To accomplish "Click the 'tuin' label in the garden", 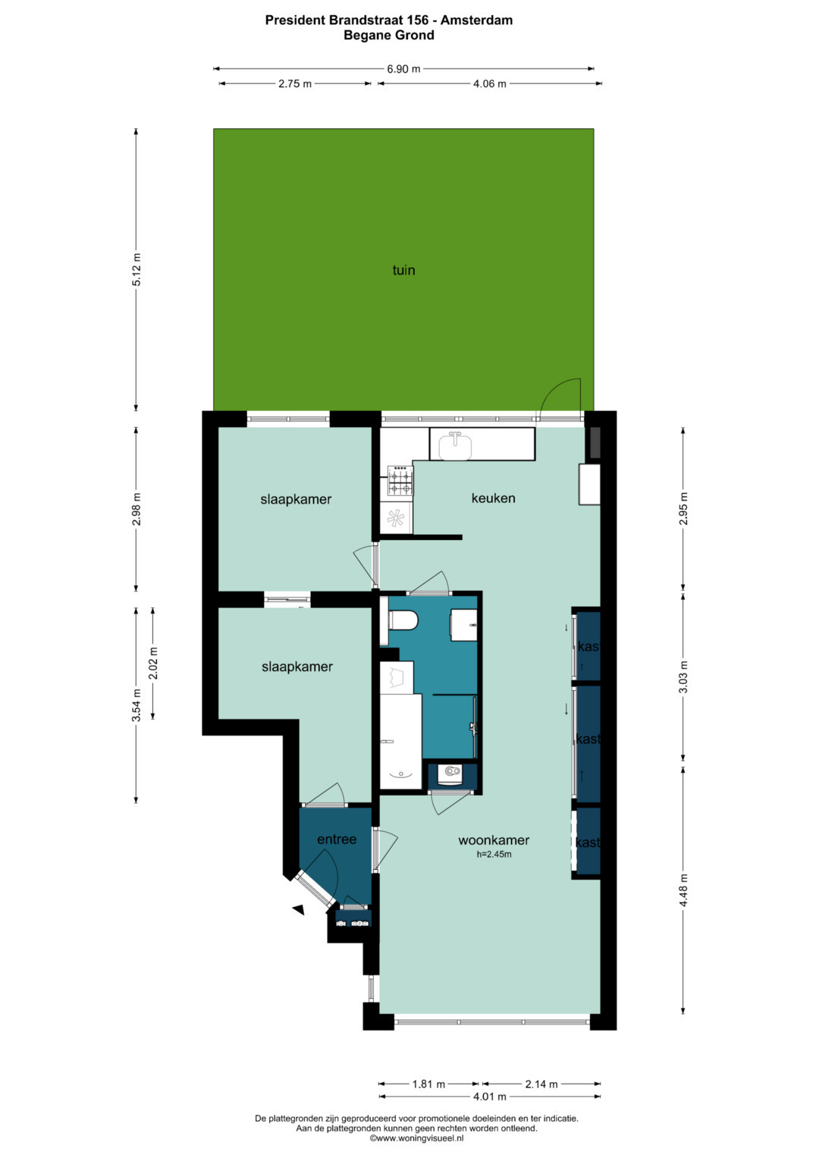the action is (403, 270).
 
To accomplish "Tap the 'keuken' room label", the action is (493, 497).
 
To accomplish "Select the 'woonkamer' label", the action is (494, 840).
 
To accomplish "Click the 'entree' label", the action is (337, 839).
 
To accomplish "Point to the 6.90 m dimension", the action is (403, 69).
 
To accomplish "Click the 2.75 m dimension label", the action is (295, 83).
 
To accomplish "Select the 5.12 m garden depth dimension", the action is (136, 269).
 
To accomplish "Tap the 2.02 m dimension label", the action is (153, 664).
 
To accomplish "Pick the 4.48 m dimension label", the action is (683, 890).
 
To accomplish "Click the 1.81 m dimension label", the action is (428, 1084).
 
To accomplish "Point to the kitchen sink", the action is (456, 446).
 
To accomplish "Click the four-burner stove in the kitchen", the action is (400, 481).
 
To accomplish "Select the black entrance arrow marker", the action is (299, 909).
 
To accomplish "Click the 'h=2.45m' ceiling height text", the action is (494, 855).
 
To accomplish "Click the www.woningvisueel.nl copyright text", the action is (417, 1138).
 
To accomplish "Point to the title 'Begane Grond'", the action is (389, 35).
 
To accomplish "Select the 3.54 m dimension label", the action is (136, 705).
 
